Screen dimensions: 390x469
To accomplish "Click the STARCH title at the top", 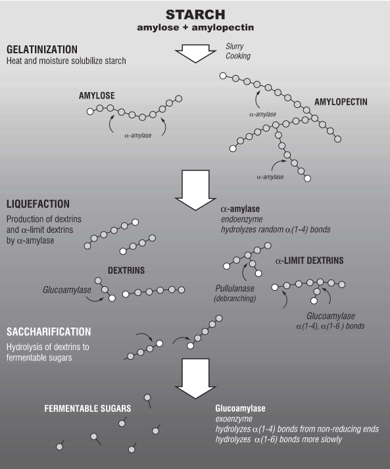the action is click(195, 14).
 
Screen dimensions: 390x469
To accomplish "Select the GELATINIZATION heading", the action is click(42, 49).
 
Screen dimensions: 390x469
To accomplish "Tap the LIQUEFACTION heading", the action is click(38, 204).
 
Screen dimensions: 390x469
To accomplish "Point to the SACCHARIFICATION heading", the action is click(49, 332).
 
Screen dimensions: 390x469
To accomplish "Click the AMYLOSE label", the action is click(97, 95).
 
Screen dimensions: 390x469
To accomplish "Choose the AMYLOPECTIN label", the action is click(341, 102).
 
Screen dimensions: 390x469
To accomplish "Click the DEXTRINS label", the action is click(126, 270).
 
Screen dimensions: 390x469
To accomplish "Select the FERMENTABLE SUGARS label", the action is click(87, 408).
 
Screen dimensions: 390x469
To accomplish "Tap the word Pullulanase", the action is click(235, 289).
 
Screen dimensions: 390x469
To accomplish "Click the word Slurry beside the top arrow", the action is click(235, 46).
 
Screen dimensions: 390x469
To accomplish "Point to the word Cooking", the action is click(238, 56).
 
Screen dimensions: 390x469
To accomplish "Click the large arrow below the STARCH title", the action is click(195, 53).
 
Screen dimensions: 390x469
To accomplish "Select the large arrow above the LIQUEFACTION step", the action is click(195, 190).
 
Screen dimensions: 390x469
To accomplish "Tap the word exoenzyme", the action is click(234, 419).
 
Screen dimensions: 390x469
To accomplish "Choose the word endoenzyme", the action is click(241, 219).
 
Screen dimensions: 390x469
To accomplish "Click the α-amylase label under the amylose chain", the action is click(138, 136).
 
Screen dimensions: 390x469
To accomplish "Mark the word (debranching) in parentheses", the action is click(235, 299).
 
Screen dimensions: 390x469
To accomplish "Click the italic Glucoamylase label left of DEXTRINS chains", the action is click(66, 290).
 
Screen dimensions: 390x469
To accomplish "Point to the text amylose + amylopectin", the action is click(195, 28).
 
